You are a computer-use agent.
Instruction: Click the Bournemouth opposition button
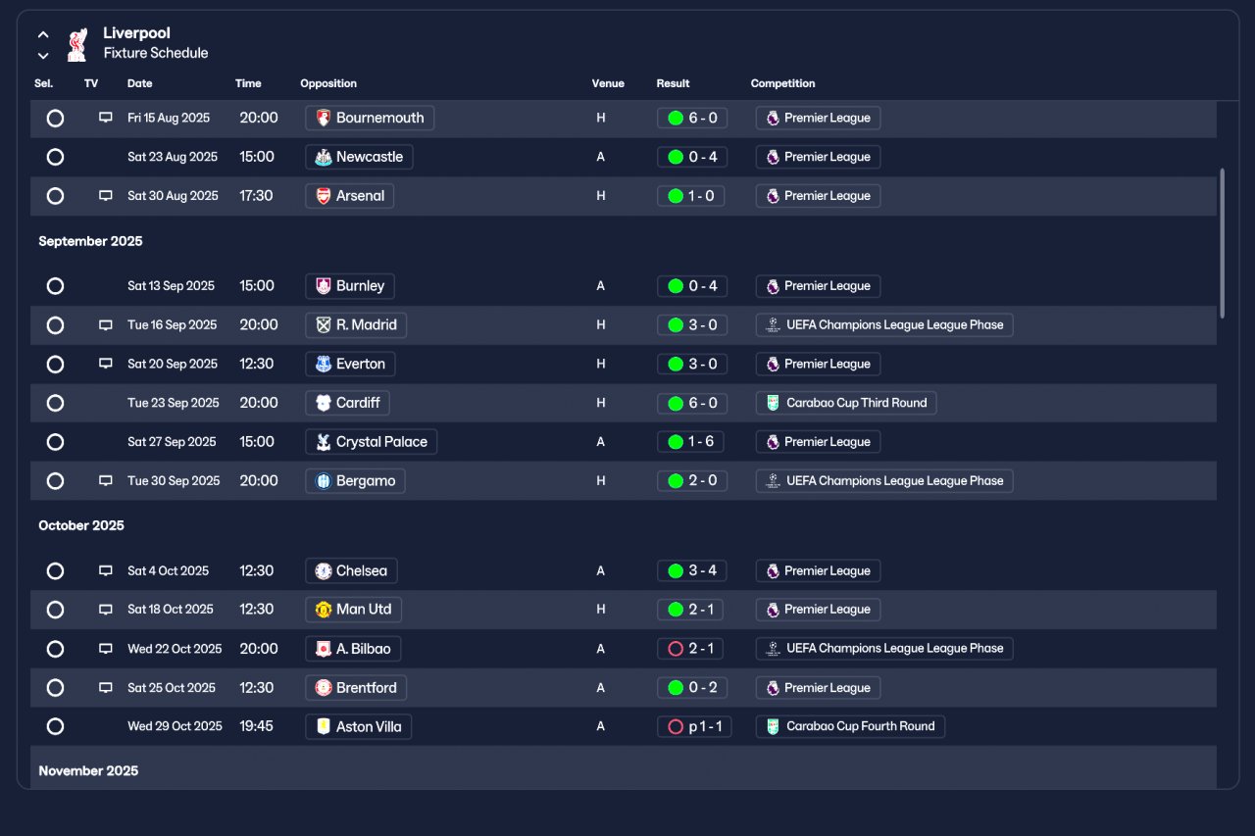point(370,118)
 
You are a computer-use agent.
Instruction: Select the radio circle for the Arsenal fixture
point(55,196)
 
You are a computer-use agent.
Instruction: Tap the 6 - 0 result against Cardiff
point(692,403)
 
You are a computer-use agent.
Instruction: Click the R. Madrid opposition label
point(356,324)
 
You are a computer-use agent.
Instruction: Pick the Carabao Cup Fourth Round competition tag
point(850,726)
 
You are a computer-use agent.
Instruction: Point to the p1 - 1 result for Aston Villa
point(694,726)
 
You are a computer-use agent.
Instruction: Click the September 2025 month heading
point(90,241)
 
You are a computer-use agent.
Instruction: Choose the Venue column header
point(608,83)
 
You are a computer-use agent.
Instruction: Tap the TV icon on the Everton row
point(106,364)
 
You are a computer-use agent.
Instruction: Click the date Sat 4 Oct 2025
point(168,570)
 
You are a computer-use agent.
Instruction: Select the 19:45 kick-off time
point(257,726)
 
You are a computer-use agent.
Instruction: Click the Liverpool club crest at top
point(76,44)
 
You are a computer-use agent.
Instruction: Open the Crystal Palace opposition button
point(371,442)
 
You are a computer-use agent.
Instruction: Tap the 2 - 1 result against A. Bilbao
point(692,649)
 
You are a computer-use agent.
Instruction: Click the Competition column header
point(782,83)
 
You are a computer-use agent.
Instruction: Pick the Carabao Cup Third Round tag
point(846,403)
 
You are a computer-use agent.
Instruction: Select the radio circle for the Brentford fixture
point(55,688)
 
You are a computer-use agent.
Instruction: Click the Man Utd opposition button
point(353,610)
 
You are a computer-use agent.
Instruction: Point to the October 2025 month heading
point(81,525)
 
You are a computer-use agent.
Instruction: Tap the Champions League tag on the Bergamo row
point(884,481)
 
